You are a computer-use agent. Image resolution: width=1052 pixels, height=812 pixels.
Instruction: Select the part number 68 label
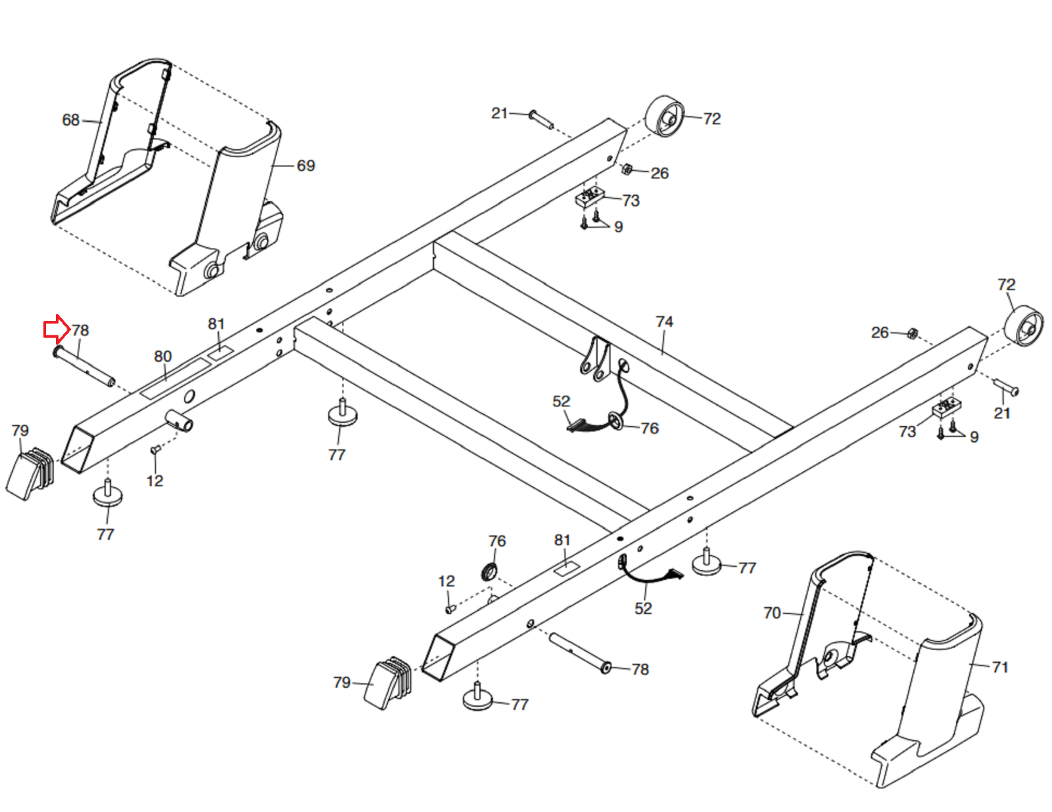pyautogui.click(x=70, y=120)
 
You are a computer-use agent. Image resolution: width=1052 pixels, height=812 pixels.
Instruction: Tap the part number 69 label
pyautogui.click(x=306, y=166)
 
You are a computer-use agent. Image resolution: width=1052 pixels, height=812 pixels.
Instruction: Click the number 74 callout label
pyautogui.click(x=664, y=322)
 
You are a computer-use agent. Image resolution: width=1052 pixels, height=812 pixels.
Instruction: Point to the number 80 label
pyautogui.click(x=162, y=356)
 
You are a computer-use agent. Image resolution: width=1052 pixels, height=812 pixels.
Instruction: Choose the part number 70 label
pyautogui.click(x=772, y=613)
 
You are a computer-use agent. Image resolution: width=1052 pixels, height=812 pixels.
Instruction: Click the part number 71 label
pyautogui.click(x=1000, y=667)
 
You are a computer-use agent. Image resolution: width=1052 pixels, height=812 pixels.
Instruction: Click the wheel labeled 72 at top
pyautogui.click(x=665, y=116)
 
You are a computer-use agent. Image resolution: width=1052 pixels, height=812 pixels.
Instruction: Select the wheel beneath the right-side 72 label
pyautogui.click(x=1024, y=325)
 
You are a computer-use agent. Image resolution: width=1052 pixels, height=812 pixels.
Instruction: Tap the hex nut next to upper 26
pyautogui.click(x=627, y=169)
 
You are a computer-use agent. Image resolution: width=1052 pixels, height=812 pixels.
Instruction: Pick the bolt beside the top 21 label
pyautogui.click(x=541, y=120)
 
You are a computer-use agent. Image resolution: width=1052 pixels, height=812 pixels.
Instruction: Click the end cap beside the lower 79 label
pyautogui.click(x=388, y=682)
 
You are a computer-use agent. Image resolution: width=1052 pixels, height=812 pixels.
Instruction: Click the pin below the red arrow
pyautogui.click(x=84, y=366)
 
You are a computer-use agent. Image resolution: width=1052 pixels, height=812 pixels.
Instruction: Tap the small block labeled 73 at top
pyautogui.click(x=590, y=197)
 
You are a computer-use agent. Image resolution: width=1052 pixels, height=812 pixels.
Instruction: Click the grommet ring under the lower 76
pyautogui.click(x=489, y=572)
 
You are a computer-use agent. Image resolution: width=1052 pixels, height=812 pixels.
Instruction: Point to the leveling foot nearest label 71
pyautogui.click(x=706, y=562)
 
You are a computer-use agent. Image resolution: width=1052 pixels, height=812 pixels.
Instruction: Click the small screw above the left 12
pyautogui.click(x=155, y=450)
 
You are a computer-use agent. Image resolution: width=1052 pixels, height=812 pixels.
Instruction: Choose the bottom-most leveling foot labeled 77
pyautogui.click(x=477, y=696)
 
